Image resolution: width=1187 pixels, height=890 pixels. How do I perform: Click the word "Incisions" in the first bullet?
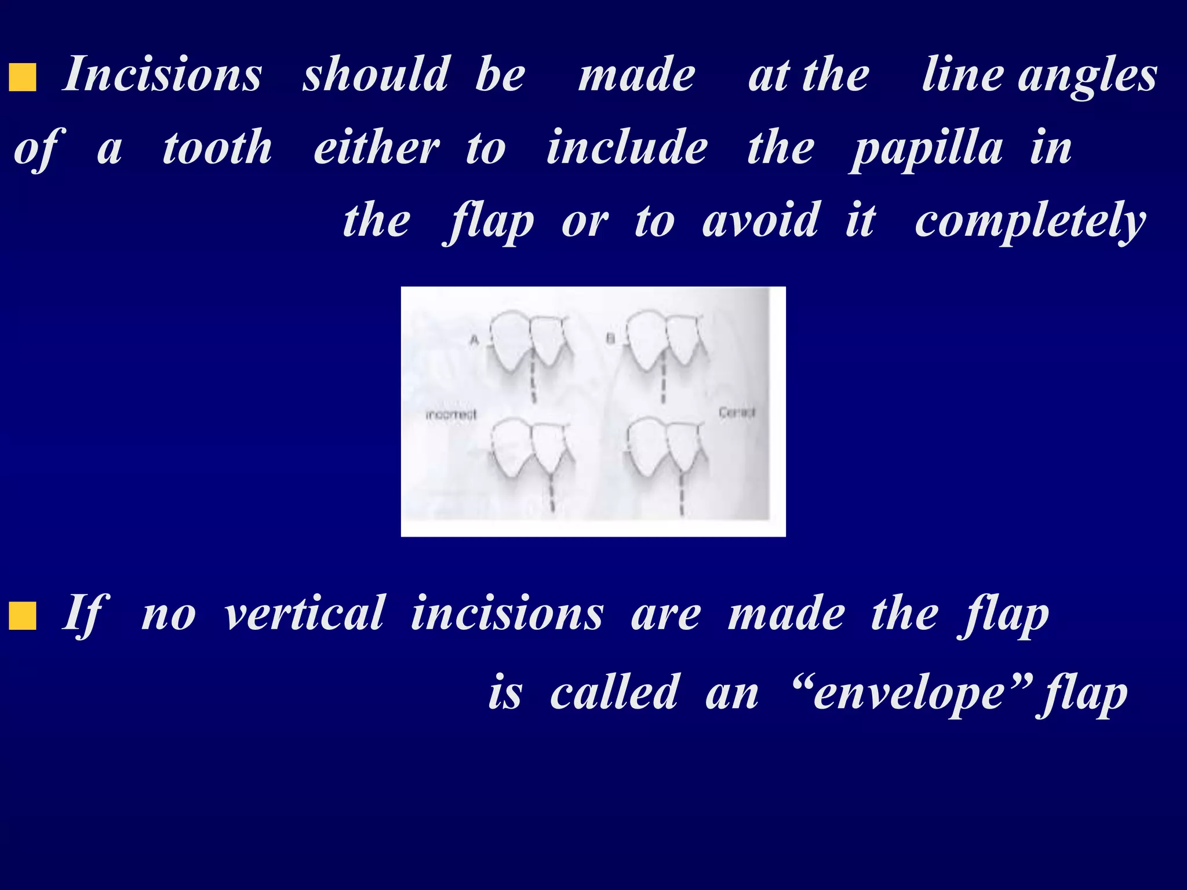coord(162,75)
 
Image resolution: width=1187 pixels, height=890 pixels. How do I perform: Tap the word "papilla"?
coord(928,148)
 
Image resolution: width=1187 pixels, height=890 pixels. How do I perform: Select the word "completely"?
coord(1030,222)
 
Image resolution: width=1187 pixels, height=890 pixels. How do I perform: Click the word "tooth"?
coord(217,148)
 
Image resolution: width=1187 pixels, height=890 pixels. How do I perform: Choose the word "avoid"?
coord(760,221)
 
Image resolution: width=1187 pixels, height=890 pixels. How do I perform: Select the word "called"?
coord(614,692)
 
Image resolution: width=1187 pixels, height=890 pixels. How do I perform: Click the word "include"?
coord(627,148)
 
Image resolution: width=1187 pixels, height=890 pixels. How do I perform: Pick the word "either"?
coord(377,148)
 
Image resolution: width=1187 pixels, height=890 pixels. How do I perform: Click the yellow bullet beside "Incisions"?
coord(23,78)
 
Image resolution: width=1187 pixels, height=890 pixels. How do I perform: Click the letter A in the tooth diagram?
coord(474,340)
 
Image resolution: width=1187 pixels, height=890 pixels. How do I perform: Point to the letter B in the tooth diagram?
coord(610,338)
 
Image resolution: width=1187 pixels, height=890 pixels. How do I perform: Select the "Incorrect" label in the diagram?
coord(451,415)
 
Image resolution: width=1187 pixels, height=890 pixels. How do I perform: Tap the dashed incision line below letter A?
coord(533,380)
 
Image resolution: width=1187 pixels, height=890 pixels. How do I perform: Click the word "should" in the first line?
coord(376,75)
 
